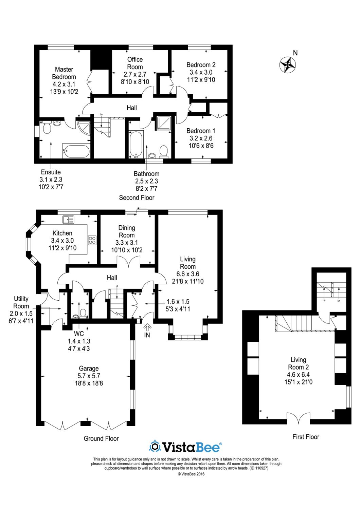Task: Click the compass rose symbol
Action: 287,65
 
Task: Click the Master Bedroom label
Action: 64,73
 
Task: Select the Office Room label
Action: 135,63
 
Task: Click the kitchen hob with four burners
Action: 92,240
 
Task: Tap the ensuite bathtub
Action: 75,150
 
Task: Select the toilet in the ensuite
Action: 47,128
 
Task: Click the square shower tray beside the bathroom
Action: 164,124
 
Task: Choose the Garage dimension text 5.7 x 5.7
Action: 89,376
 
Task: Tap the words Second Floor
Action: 137,198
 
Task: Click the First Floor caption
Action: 306,437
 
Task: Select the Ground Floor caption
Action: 101,438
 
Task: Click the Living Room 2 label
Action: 299,363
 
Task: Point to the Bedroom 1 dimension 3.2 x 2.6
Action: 201,138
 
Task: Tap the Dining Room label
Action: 127,231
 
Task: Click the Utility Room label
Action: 21,302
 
